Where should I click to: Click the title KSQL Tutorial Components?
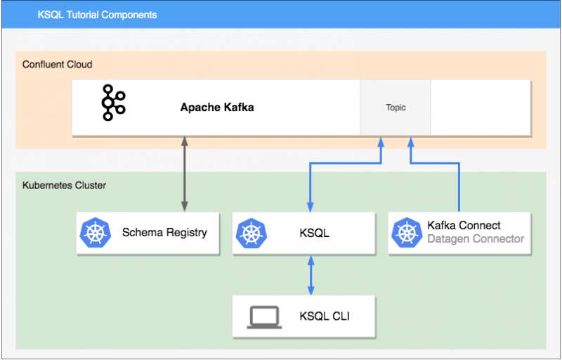(x=97, y=14)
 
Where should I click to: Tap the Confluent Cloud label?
(x=58, y=65)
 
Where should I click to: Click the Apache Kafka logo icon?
(x=113, y=103)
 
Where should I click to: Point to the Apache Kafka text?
(x=217, y=108)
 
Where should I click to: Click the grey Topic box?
(x=396, y=108)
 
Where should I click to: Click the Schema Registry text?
(x=164, y=232)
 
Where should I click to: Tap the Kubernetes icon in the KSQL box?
(x=250, y=232)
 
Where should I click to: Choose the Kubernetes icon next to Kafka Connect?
(x=406, y=232)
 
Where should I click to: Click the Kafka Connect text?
(x=464, y=225)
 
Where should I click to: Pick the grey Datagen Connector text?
(x=476, y=239)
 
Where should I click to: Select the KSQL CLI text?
(x=325, y=316)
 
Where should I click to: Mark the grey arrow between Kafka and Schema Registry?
(x=185, y=174)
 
